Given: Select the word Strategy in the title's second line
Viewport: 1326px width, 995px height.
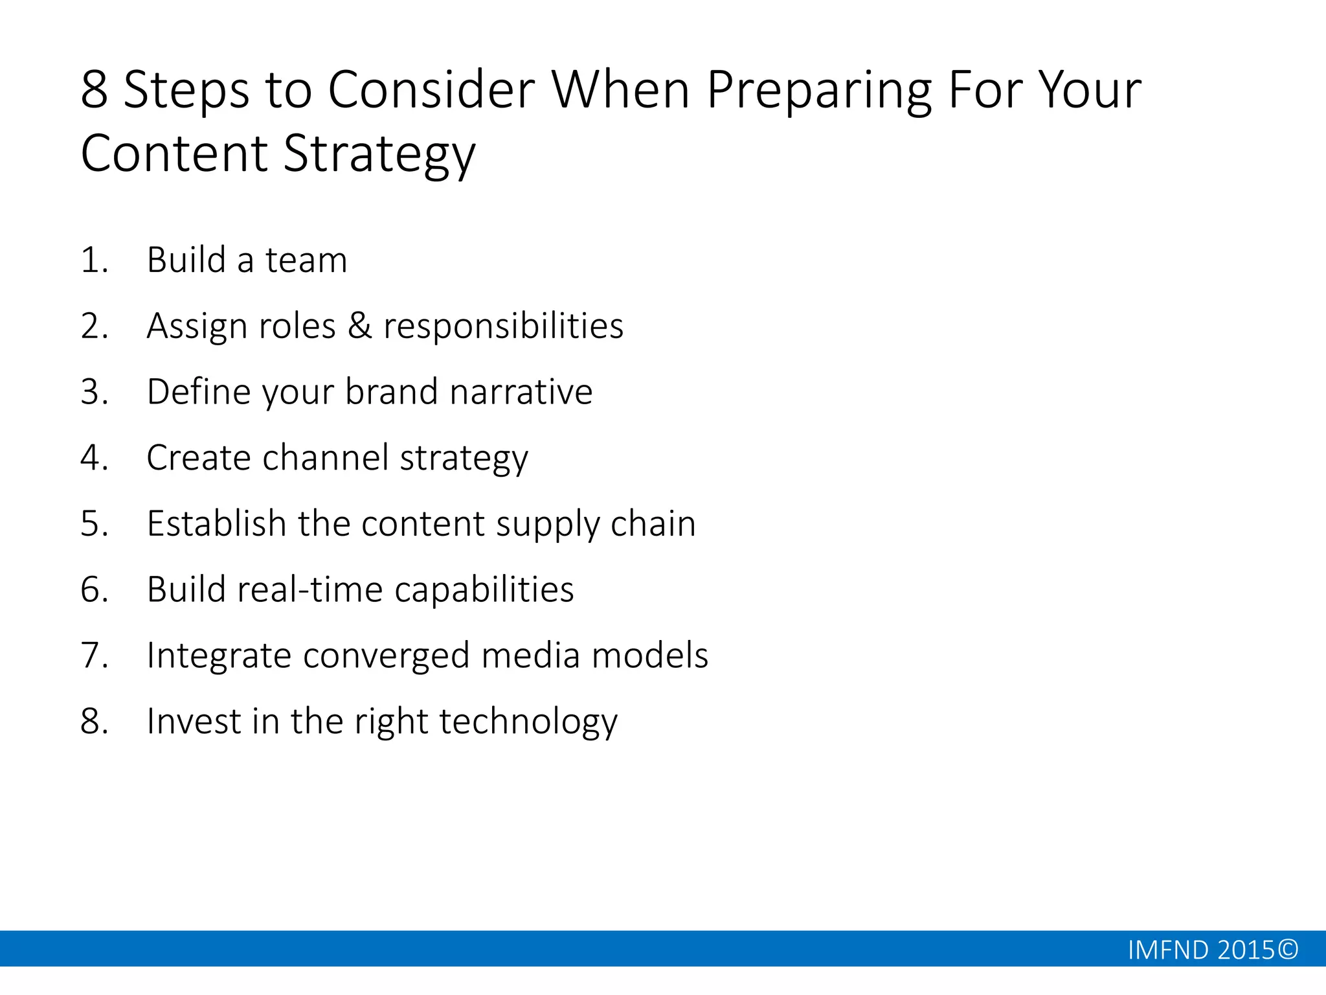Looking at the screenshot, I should [379, 154].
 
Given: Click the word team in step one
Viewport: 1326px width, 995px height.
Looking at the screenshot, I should [306, 260].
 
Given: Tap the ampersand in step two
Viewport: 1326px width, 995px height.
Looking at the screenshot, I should [360, 326].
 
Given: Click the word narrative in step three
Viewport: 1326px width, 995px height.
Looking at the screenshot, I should [521, 392].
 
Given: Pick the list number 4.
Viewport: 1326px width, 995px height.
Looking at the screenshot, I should [93, 458].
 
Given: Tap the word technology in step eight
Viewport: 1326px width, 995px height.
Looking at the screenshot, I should [528, 722].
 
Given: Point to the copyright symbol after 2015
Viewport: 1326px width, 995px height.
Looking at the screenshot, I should [1288, 950].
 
